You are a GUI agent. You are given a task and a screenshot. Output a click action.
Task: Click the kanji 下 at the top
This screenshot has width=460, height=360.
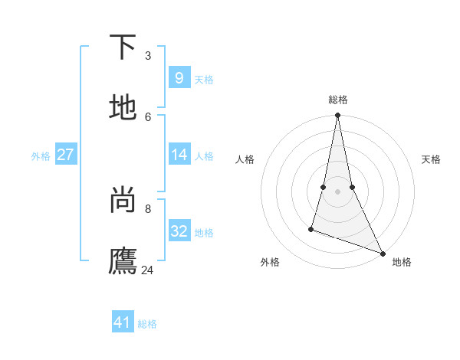click(123, 47)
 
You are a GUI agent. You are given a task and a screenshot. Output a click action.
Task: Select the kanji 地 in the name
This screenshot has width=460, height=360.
click(123, 108)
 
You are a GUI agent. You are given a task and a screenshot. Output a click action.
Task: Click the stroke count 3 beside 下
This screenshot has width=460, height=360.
click(148, 56)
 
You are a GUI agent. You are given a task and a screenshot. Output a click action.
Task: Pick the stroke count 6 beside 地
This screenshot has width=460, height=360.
click(148, 116)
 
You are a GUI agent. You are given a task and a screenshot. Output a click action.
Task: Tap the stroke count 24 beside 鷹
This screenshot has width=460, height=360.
click(148, 270)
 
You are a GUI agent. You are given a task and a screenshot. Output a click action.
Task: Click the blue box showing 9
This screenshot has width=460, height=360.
click(179, 78)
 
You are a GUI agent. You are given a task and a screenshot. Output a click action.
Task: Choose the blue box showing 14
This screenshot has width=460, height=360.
click(179, 155)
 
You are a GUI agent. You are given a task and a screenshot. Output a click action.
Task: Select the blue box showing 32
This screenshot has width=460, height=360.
click(179, 231)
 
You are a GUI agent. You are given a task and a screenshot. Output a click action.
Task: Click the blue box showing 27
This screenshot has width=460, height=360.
click(65, 155)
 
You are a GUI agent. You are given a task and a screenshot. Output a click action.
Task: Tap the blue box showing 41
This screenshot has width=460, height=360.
click(123, 322)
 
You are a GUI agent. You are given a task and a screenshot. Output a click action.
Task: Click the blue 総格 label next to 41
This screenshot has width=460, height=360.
click(147, 324)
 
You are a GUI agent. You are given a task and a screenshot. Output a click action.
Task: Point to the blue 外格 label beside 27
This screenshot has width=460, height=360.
click(41, 156)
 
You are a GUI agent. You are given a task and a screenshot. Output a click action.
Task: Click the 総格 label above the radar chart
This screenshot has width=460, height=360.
click(338, 100)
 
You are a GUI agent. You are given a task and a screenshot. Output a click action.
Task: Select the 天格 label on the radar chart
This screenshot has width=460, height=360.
click(431, 159)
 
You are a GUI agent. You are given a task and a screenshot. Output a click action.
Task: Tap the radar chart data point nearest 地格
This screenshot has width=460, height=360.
click(383, 253)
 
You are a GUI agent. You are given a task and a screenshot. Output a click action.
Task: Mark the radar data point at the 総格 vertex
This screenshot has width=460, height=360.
click(337, 116)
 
